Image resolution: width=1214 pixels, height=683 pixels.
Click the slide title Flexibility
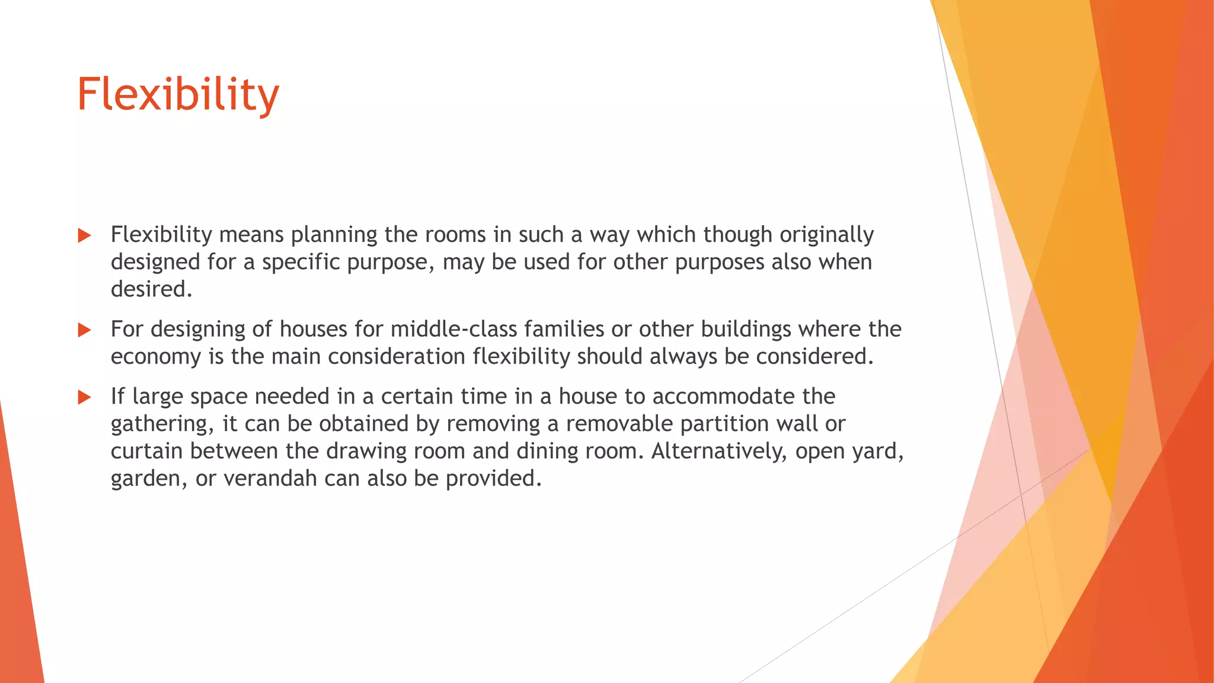pyautogui.click(x=178, y=95)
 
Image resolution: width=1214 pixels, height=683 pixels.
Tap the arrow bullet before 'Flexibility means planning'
pyautogui.click(x=84, y=236)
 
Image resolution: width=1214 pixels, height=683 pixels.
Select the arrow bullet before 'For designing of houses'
pyautogui.click(x=84, y=330)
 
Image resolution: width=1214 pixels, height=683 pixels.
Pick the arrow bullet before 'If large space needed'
pyautogui.click(x=84, y=397)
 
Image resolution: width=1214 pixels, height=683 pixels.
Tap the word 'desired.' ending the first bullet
pyautogui.click(x=152, y=289)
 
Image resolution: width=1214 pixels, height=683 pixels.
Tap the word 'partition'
pyautogui.click(x=723, y=424)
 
